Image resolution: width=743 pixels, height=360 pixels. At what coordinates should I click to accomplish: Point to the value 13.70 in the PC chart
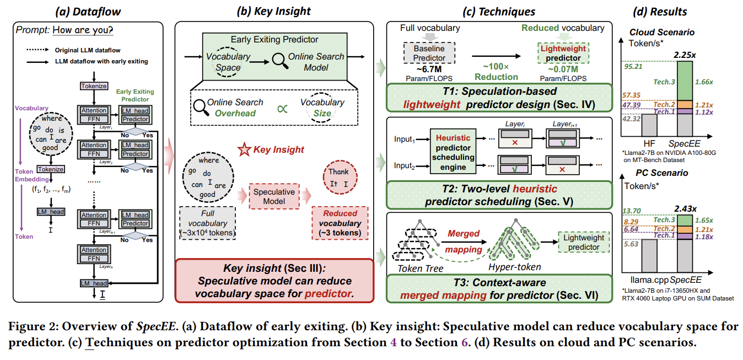(x=632, y=211)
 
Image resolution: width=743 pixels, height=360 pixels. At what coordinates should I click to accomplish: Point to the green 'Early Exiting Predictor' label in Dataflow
(x=135, y=95)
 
